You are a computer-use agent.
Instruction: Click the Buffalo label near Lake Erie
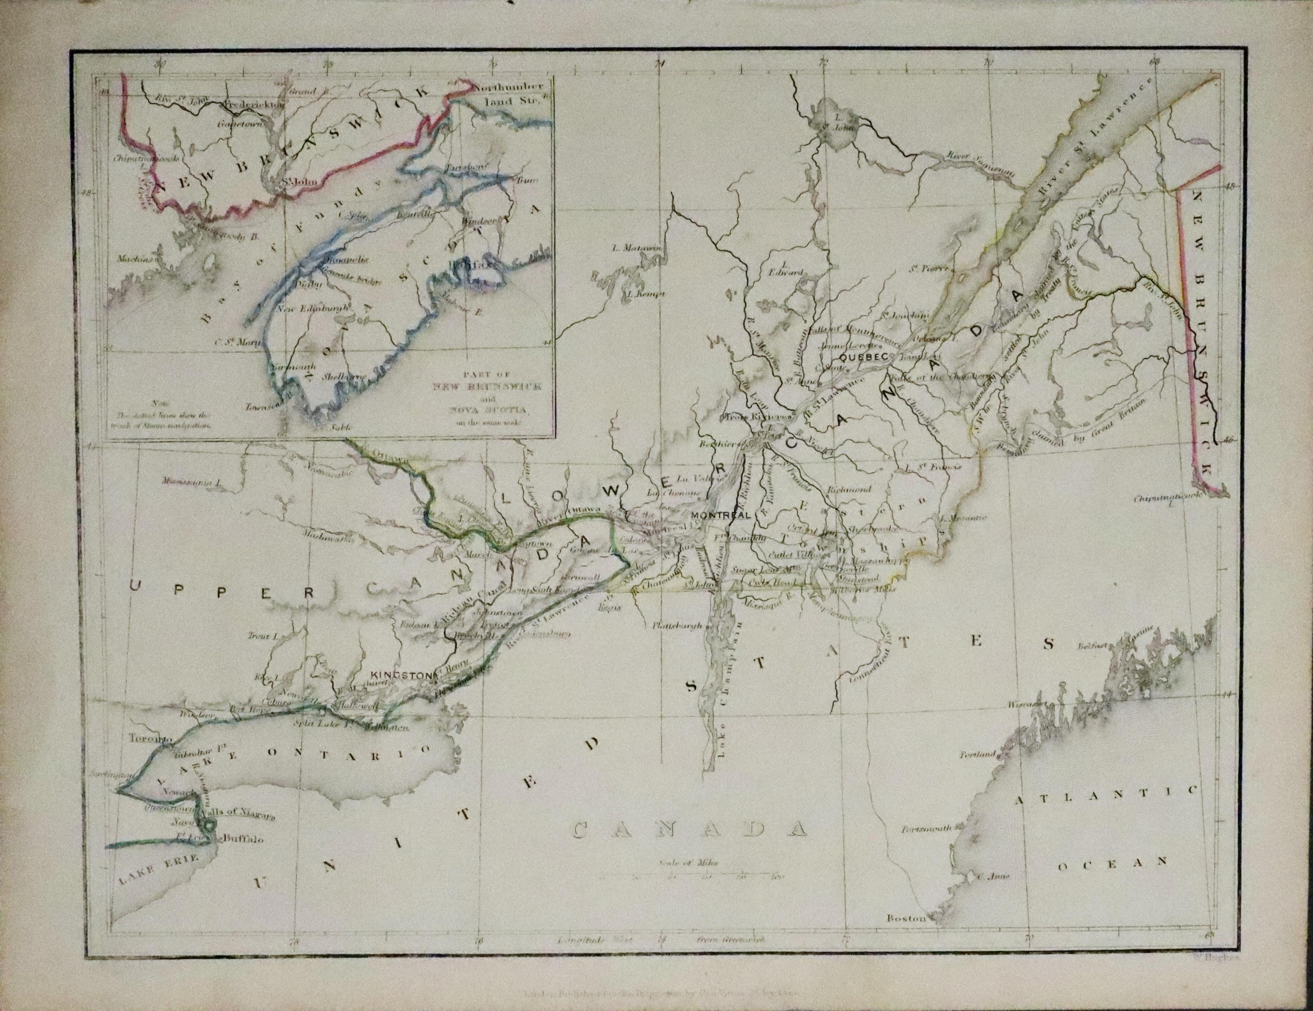(243, 838)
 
